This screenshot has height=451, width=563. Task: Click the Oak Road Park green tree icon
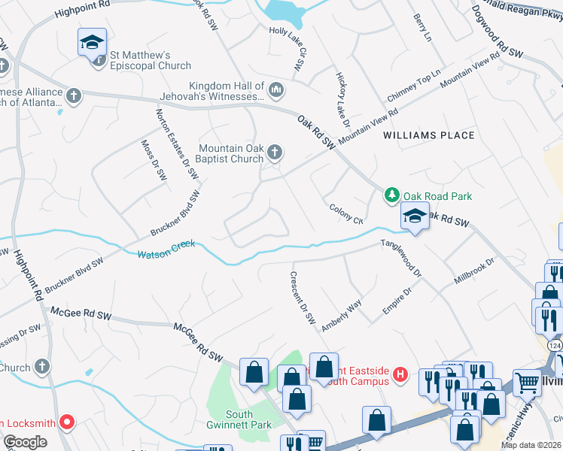pyautogui.click(x=391, y=196)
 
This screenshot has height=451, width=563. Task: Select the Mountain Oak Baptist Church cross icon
pyautogui.click(x=275, y=153)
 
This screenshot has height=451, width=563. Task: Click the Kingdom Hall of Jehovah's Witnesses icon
pyautogui.click(x=276, y=91)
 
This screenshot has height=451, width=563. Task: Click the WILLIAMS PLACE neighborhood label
pyautogui.click(x=429, y=135)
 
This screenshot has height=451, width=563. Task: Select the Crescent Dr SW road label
pyautogui.click(x=303, y=298)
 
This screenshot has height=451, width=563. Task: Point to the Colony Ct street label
pyautogui.click(x=345, y=213)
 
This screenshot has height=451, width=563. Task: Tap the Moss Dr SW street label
pyautogui.click(x=154, y=161)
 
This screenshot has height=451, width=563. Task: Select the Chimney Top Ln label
pyautogui.click(x=412, y=87)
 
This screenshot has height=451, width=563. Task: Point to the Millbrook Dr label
pyautogui.click(x=474, y=273)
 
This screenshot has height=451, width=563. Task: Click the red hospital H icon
pyautogui.click(x=400, y=374)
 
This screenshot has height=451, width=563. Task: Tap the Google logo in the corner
pyautogui.click(x=26, y=441)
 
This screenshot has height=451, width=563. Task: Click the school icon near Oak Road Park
pyautogui.click(x=414, y=216)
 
